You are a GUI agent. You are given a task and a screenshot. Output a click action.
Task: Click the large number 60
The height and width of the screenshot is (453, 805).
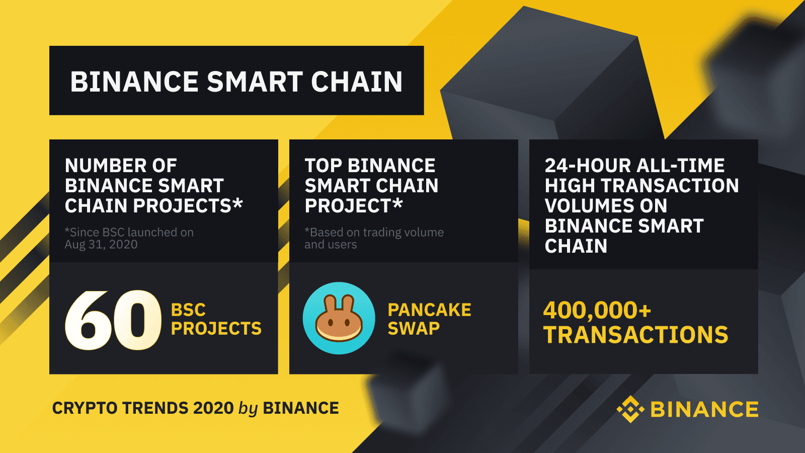point(113,320)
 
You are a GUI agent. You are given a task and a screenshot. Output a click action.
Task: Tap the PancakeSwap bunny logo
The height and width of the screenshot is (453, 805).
point(339,318)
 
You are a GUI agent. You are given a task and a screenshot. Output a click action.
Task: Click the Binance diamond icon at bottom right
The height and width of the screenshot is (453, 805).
point(630,409)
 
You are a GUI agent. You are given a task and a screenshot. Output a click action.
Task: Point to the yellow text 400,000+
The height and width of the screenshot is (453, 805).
point(597,310)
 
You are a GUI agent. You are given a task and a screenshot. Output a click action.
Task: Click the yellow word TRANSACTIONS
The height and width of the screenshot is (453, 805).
point(636,335)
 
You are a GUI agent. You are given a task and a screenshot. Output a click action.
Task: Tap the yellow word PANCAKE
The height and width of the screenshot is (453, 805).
point(430,310)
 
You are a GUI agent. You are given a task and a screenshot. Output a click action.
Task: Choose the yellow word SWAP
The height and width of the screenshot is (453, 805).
point(414,329)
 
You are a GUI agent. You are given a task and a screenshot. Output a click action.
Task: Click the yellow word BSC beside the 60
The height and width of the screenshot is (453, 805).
point(188,310)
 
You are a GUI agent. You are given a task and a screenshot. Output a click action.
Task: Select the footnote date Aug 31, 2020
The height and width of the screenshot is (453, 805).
point(101,245)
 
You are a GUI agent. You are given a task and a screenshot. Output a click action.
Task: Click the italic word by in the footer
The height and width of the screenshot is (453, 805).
point(249,409)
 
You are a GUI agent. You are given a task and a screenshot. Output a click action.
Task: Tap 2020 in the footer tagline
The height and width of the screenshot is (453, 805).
point(213,408)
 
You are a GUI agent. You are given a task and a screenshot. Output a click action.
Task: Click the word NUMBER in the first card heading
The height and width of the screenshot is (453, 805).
point(106,166)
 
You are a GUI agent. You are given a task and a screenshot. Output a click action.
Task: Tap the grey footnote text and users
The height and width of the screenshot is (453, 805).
point(331,245)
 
